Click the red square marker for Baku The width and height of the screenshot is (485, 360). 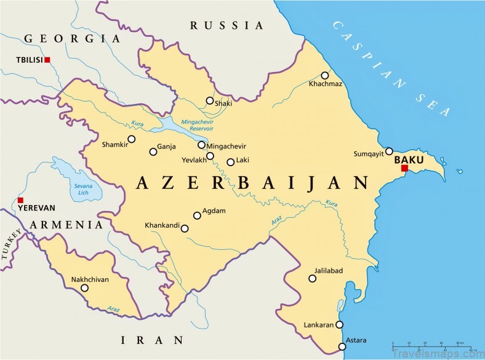tap(404, 168)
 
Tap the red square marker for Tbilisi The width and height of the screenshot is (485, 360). tap(47, 60)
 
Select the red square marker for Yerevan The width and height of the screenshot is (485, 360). tap(20, 200)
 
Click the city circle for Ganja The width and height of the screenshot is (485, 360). tap(153, 151)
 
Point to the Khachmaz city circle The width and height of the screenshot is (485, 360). tap(325, 75)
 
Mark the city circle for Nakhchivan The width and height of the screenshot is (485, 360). tap(84, 287)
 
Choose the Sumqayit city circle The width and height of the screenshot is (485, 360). tap(389, 151)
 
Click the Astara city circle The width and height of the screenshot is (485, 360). tap(342, 346)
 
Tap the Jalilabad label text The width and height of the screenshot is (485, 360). tap(328, 271)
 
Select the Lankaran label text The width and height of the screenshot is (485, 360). tap(319, 324)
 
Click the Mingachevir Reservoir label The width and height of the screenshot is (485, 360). tap(197, 125)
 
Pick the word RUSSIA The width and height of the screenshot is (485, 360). tap(226, 25)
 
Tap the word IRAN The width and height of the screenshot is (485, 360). tap(152, 339)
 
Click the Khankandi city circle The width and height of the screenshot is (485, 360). tap(185, 228)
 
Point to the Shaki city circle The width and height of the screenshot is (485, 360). tap(210, 100)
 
